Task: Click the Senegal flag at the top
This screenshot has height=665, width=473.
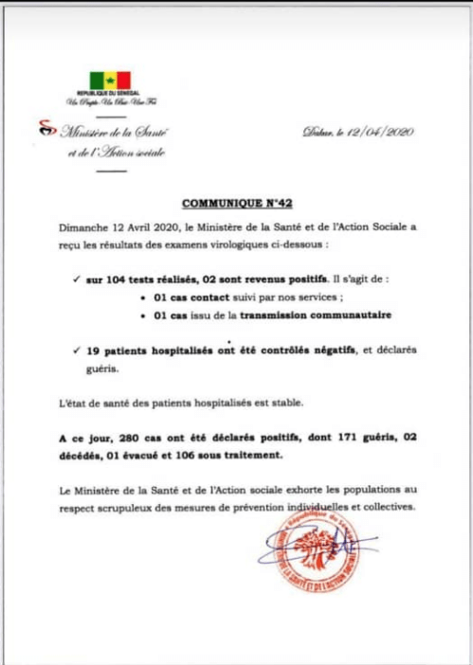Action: pos(110,81)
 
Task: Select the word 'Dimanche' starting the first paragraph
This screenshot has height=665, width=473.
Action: pos(80,228)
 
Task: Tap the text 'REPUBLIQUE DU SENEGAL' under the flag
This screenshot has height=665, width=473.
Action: pos(109,95)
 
